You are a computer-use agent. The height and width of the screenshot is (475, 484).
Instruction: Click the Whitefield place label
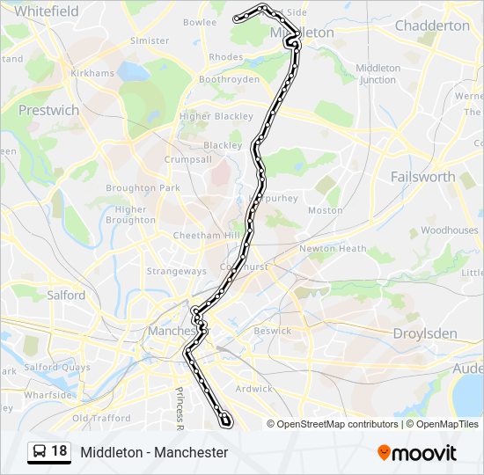coord(47,11)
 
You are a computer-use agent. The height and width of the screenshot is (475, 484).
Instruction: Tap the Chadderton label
coord(432,26)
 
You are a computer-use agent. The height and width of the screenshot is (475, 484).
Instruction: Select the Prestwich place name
coord(49,111)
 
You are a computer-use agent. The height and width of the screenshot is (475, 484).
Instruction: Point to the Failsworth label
coord(422,176)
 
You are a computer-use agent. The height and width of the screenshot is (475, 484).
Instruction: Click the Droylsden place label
coord(424,333)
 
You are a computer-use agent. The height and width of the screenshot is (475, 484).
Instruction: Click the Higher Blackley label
coord(216,116)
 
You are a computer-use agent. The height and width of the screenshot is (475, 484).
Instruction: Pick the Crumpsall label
coord(187,159)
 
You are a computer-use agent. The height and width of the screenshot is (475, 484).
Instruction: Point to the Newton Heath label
coord(333,249)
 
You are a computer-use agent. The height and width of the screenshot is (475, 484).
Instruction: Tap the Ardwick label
coord(255,388)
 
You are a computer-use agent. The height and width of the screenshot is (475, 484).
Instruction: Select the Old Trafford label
coord(100,418)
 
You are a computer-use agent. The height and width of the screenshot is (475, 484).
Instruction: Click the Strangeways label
coord(176,271)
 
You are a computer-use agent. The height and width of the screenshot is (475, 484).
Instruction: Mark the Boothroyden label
coord(229,79)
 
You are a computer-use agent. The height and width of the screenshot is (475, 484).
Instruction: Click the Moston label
coord(326,210)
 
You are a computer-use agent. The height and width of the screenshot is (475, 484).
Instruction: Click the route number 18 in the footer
coord(59,451)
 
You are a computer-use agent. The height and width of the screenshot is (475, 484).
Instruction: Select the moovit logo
coord(417,452)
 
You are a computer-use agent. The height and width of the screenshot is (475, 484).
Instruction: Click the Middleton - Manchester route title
coord(154,452)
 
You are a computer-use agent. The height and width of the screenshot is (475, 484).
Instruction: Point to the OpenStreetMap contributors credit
coord(337,424)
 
